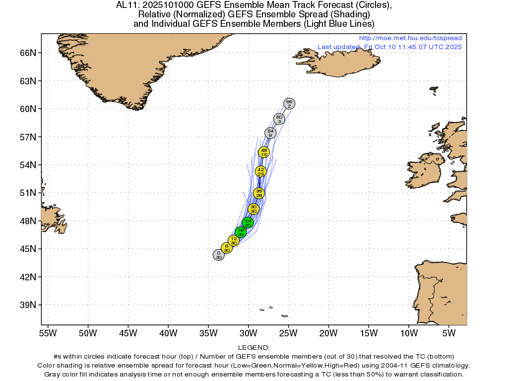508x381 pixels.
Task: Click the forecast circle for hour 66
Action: click(289, 103)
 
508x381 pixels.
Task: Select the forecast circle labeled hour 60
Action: click(279, 119)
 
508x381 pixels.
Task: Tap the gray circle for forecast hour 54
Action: click(270, 133)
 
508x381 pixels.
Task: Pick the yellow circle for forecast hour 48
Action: click(264, 152)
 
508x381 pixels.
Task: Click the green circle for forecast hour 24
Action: click(248, 223)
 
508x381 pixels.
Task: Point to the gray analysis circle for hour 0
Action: click(219, 255)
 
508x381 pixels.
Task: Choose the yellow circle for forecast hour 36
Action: click(258, 193)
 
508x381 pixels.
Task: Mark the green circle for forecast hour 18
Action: click(241, 232)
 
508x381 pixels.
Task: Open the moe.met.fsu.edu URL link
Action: click(410, 38)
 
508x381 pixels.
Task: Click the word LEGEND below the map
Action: click(254, 348)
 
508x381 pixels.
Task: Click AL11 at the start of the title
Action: click(127, 5)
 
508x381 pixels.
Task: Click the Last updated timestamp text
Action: click(389, 47)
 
